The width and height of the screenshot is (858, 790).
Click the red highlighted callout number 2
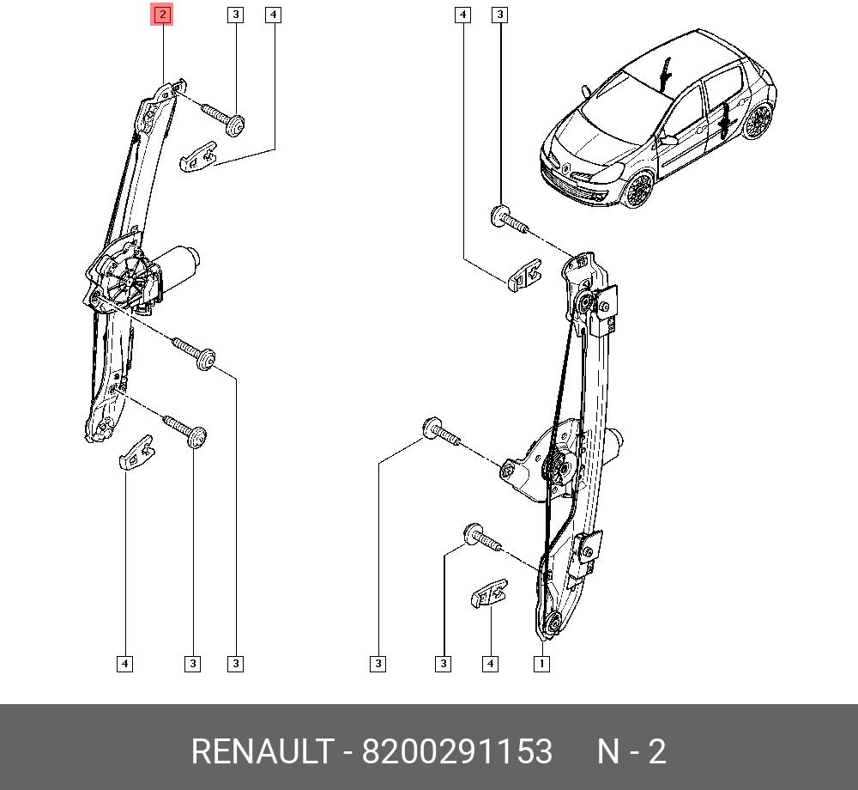[162, 15]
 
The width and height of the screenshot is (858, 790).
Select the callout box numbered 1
[541, 664]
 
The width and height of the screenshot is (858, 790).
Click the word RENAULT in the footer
[263, 750]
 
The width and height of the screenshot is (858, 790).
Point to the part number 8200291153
[457, 750]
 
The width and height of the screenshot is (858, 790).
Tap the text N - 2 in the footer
[631, 750]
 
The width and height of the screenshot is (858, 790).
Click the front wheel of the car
[637, 190]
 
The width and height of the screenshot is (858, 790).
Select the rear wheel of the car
[758, 121]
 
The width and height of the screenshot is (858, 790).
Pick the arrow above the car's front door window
[666, 74]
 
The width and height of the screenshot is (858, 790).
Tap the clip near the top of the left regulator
[198, 157]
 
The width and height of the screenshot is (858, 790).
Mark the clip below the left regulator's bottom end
[136, 453]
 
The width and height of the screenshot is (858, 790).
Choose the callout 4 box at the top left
[273, 15]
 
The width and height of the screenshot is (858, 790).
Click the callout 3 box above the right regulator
[499, 15]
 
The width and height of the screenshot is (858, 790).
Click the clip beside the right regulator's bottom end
[489, 592]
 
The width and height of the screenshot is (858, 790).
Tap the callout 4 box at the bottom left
[124, 664]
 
